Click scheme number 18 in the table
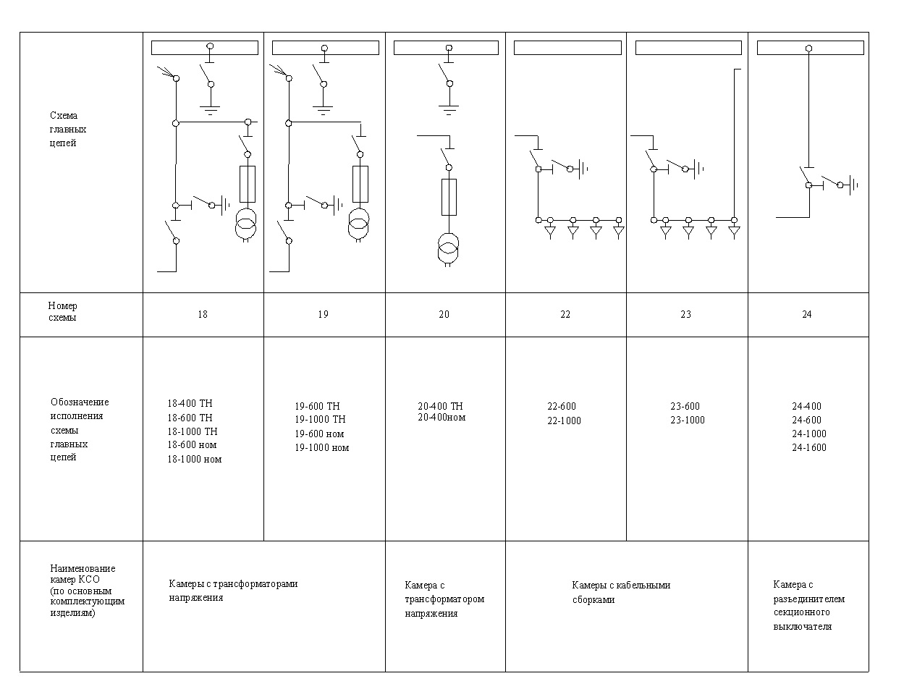point(203,314)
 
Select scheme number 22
point(565,314)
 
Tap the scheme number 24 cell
point(807,314)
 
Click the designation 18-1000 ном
point(194,459)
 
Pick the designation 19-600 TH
point(317,406)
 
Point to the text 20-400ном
point(442,417)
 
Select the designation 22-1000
point(564,421)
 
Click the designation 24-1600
point(808,447)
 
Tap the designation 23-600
point(685,406)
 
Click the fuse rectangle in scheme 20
point(449,197)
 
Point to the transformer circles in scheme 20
point(448,248)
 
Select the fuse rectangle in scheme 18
point(248,185)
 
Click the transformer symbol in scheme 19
point(358,224)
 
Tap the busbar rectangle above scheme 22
point(567,48)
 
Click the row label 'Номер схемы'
point(62,311)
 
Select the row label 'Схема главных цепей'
point(68,129)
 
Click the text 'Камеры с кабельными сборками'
point(621,592)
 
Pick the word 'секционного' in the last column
point(802,612)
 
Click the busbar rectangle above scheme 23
point(688,48)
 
